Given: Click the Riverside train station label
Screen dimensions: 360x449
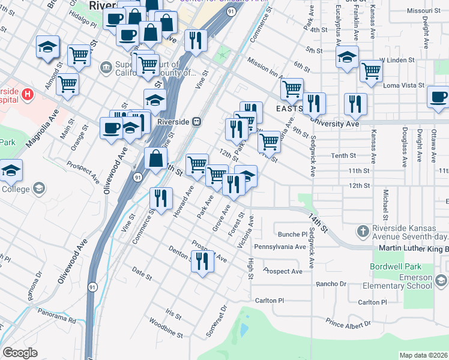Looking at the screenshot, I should click(x=173, y=121).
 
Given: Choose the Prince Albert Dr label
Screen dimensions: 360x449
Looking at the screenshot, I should click(x=348, y=324).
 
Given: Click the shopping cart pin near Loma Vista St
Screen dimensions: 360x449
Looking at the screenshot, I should click(x=372, y=71).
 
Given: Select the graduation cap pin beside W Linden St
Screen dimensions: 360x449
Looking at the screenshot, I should click(x=347, y=58).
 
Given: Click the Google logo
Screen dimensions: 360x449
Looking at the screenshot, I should click(x=20, y=353).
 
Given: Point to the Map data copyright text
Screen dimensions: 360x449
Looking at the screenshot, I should click(x=424, y=355).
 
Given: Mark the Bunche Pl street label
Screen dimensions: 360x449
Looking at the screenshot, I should click(x=292, y=234).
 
